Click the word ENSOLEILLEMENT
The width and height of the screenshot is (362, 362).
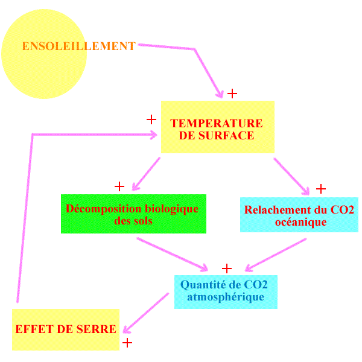point(78,46)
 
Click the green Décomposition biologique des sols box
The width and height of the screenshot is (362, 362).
point(133,214)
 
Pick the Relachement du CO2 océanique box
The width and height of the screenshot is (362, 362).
point(299,215)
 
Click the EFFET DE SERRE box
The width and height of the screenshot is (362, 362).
point(65,329)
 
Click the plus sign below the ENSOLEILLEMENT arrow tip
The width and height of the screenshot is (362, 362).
point(232,94)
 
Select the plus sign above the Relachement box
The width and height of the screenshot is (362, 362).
point(321,189)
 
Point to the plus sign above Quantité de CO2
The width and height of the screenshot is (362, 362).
point(227,268)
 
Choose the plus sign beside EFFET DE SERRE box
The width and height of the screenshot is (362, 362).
point(127,343)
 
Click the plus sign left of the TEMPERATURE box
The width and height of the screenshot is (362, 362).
point(151,119)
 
